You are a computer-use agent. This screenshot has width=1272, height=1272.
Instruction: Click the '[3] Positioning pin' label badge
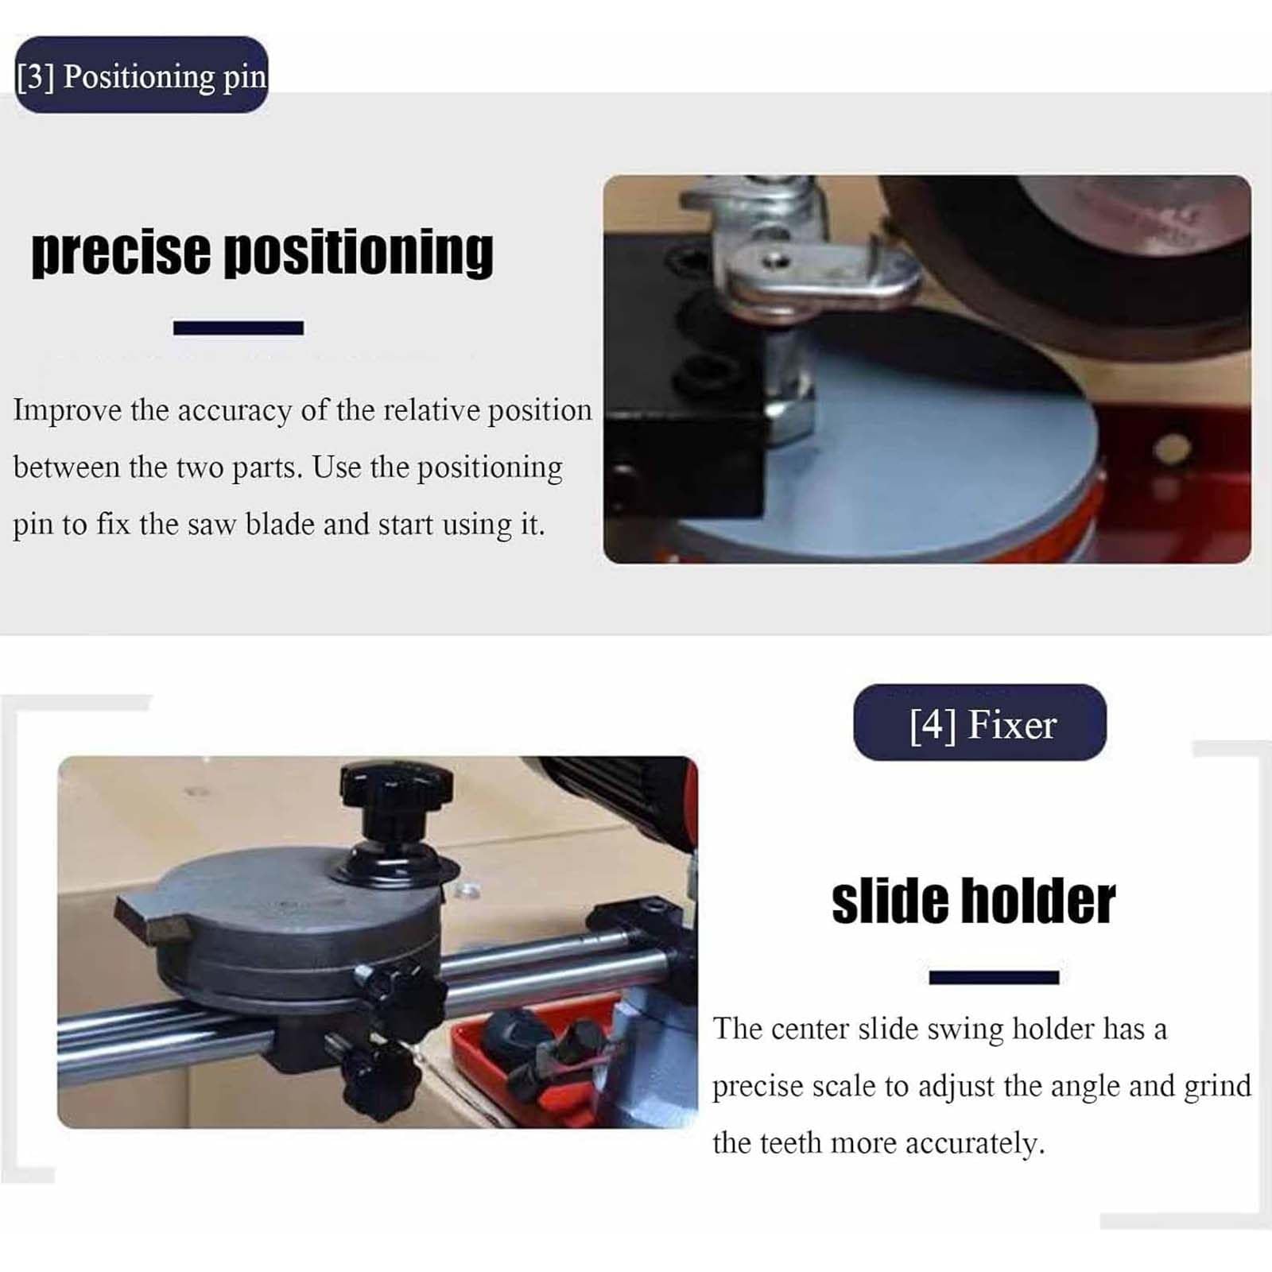[x=142, y=76]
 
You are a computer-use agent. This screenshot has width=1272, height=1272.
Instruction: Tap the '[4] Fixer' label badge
[x=979, y=723]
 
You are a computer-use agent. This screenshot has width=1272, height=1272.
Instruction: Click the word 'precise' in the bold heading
[x=121, y=252]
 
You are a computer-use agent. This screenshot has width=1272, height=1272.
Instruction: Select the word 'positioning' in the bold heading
[x=359, y=252]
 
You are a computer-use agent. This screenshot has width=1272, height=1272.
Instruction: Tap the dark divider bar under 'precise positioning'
[x=238, y=328]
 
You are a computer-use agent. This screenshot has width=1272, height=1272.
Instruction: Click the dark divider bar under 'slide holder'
[x=994, y=977]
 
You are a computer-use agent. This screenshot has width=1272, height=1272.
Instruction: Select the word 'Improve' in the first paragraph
[x=67, y=412]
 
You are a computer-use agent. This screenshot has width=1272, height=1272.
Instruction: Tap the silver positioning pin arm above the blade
[x=819, y=278]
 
